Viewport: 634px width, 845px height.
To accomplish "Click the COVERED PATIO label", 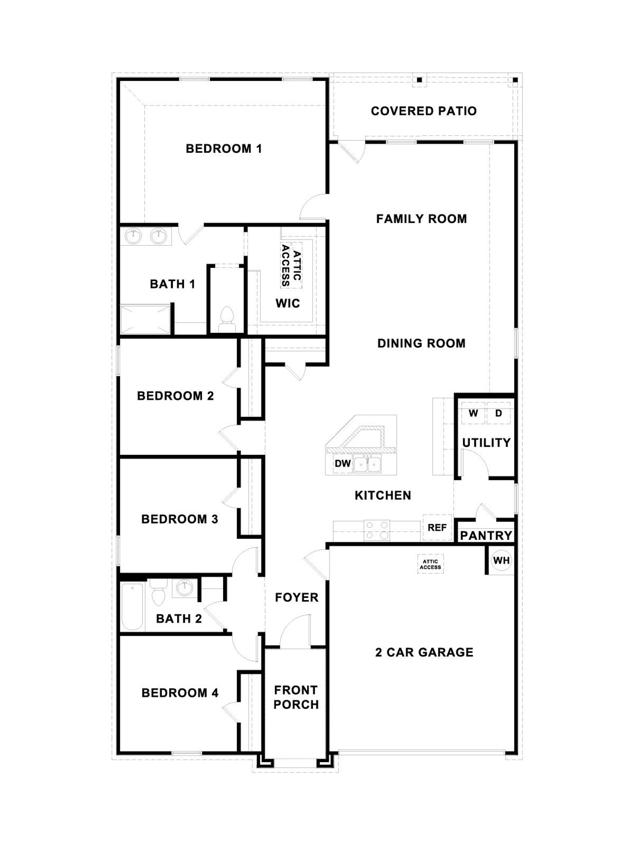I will (423, 111).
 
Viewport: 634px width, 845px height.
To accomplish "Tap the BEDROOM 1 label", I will (224, 149).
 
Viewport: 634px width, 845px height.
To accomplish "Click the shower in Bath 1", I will (145, 319).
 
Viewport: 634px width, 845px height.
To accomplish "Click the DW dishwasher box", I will (342, 463).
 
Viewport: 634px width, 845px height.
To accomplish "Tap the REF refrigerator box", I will (437, 528).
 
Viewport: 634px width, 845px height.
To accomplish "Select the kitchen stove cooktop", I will (376, 530).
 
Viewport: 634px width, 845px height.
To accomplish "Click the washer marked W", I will (473, 413).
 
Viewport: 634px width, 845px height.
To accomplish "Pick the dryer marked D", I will (498, 413).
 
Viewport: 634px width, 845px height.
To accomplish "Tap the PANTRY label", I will (486, 536).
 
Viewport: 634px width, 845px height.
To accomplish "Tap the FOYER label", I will (297, 597).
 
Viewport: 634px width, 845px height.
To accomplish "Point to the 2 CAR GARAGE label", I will (424, 652).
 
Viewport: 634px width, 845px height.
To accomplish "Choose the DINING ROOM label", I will (421, 343).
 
